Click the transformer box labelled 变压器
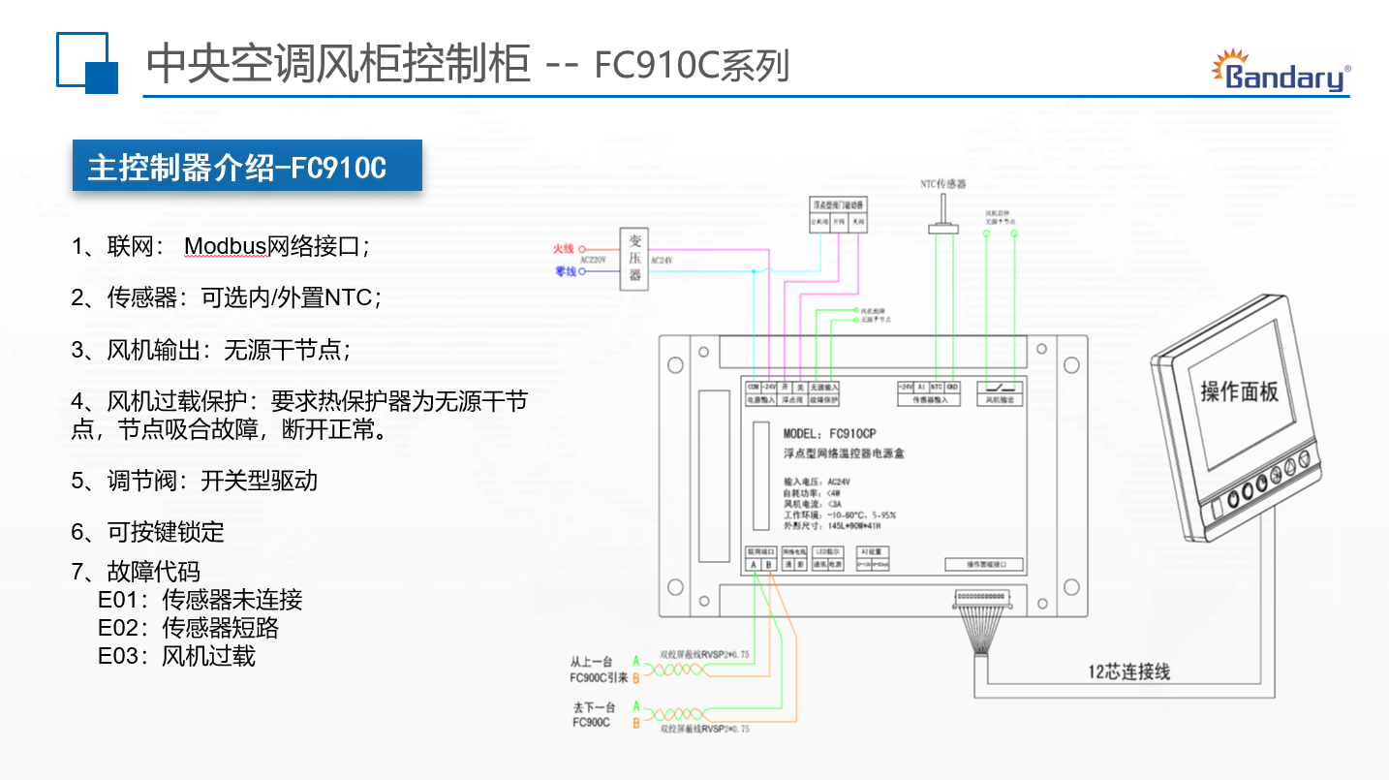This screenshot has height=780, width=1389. pos(634,258)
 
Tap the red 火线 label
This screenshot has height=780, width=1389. pos(564,249)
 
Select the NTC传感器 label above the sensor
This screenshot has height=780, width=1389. pos(942,183)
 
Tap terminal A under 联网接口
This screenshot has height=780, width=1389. pos(753,564)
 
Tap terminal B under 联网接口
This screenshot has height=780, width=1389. pos(768,564)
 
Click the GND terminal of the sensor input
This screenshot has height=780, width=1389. pos(952,386)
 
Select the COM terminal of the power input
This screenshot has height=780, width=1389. pos(753,386)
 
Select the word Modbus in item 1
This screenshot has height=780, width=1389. pos(225,246)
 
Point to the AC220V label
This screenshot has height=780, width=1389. pos(592,261)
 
